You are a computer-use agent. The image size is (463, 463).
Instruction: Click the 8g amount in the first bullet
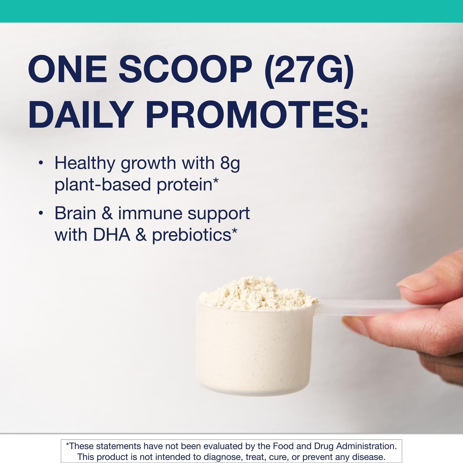230,164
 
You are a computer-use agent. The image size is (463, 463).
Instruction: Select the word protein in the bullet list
184,184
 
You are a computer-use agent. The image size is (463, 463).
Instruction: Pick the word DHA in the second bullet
112,235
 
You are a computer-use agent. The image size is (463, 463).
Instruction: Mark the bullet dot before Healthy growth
40,163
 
